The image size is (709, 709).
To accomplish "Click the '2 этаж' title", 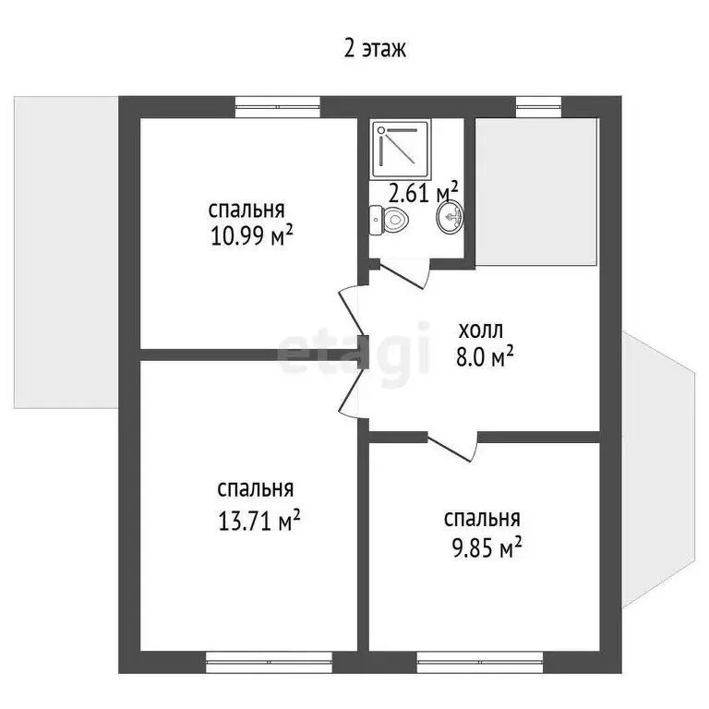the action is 375,48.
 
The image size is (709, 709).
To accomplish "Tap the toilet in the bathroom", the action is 390,221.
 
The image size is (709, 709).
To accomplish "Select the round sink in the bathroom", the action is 451,217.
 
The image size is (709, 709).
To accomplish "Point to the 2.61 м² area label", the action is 423,193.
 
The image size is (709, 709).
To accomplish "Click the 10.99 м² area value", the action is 251,236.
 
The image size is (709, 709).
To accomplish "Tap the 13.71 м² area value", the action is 259,521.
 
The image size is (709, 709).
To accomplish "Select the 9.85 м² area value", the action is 487,547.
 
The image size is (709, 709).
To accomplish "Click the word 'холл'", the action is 481,330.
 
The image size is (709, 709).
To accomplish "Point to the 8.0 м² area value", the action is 485,356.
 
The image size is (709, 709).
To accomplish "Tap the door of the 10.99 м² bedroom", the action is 352,310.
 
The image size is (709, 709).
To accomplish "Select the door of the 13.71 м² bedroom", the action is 352,392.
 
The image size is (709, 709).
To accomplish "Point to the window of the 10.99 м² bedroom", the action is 278,107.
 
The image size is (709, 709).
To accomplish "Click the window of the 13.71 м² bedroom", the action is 269,662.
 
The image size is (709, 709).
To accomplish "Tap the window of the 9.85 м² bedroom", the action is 480,662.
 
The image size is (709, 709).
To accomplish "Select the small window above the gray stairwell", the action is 539,107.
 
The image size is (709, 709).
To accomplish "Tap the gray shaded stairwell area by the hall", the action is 536,192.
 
